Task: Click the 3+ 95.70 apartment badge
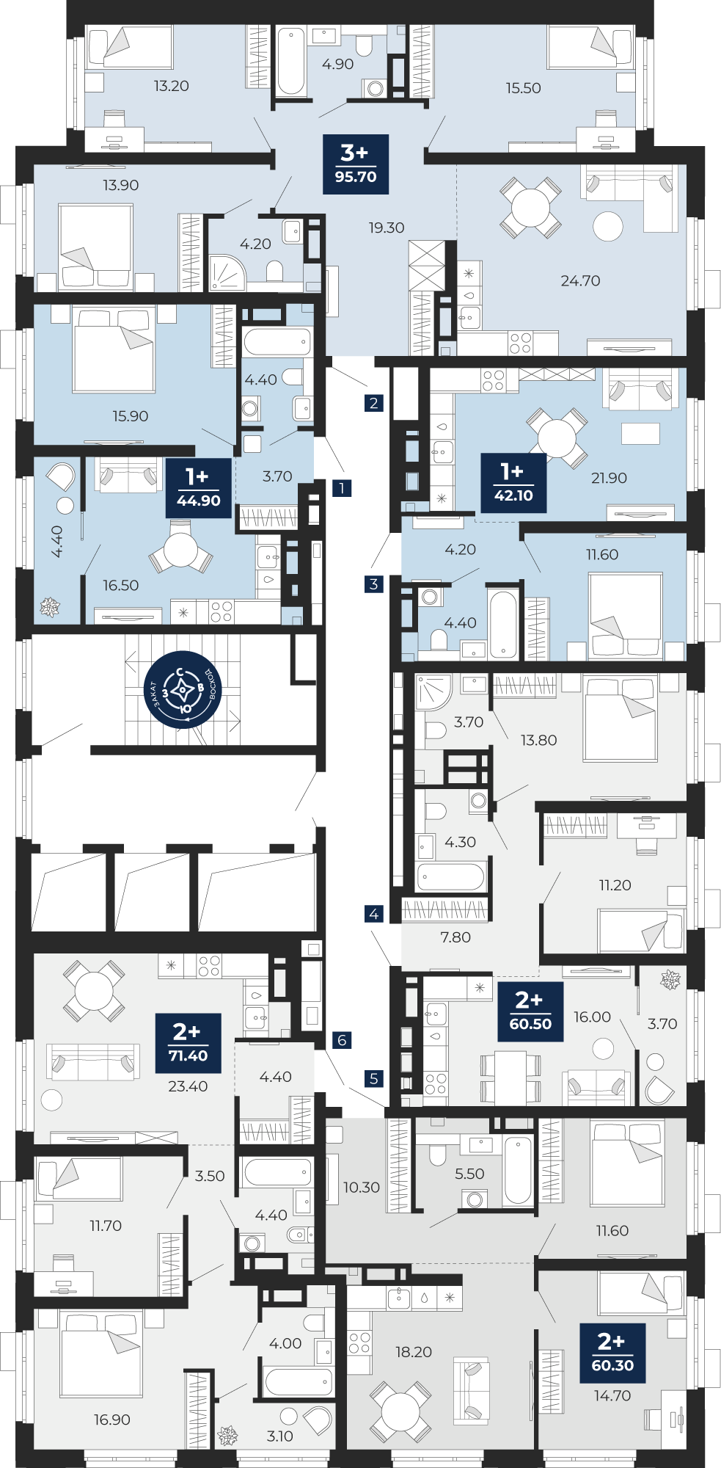tap(356, 164)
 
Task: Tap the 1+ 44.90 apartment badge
tap(199, 487)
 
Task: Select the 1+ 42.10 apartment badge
tap(513, 482)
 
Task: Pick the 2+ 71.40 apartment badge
tap(189, 1043)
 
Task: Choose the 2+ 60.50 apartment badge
tap(530, 1011)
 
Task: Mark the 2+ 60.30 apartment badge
tap(612, 1353)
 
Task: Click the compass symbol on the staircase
tap(183, 691)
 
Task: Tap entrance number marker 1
tap(342, 488)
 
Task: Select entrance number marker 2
tap(374, 403)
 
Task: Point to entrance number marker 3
tap(374, 584)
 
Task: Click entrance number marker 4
tap(374, 914)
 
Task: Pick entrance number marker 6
tap(342, 1040)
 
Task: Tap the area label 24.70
tap(580, 280)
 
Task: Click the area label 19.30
tap(387, 228)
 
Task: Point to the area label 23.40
tap(188, 1086)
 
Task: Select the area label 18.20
tap(414, 1352)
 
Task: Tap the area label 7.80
tap(455, 937)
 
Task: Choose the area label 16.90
tap(112, 1420)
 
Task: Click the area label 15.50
tap(523, 88)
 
